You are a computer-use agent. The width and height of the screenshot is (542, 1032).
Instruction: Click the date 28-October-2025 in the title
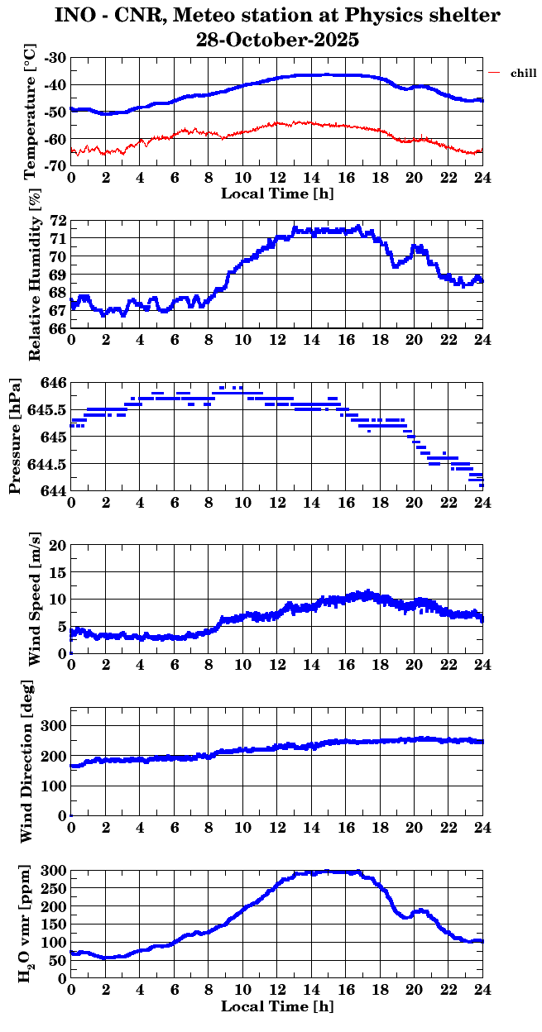click(x=277, y=39)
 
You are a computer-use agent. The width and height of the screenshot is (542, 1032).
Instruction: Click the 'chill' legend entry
click(x=523, y=74)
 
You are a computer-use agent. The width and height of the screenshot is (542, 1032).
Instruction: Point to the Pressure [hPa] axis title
click(x=15, y=437)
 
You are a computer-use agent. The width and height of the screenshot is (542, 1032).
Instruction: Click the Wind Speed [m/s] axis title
click(x=35, y=599)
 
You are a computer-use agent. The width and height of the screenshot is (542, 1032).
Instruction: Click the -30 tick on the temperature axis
click(x=57, y=59)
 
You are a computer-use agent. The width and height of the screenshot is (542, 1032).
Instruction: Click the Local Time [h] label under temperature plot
click(x=277, y=193)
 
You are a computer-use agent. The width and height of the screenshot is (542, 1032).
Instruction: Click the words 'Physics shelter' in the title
click(x=431, y=16)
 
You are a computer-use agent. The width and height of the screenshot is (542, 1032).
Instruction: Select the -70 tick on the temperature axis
click(x=57, y=166)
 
